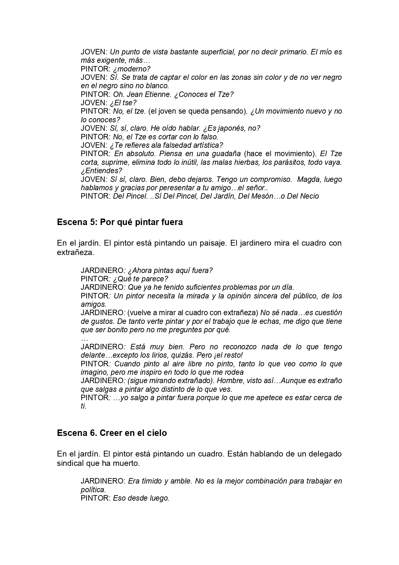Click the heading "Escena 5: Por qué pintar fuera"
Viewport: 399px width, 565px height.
pyautogui.click(x=120, y=222)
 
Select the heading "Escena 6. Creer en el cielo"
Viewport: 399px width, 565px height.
pyautogui.click(x=112, y=433)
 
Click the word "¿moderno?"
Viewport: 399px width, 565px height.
pyautogui.click(x=132, y=69)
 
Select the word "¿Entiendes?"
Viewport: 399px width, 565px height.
pyautogui.click(x=102, y=171)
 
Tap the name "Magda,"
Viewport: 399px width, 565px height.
pyautogui.click(x=309, y=179)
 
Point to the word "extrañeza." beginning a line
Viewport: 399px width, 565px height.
pyautogui.click(x=76, y=252)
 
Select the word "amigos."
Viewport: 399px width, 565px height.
pyautogui.click(x=94, y=304)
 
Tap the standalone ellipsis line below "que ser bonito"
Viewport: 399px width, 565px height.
pyautogui.click(x=85, y=338)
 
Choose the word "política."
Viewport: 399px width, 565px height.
pyautogui.click(x=93, y=490)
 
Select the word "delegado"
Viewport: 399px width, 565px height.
pyautogui.click(x=325, y=454)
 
